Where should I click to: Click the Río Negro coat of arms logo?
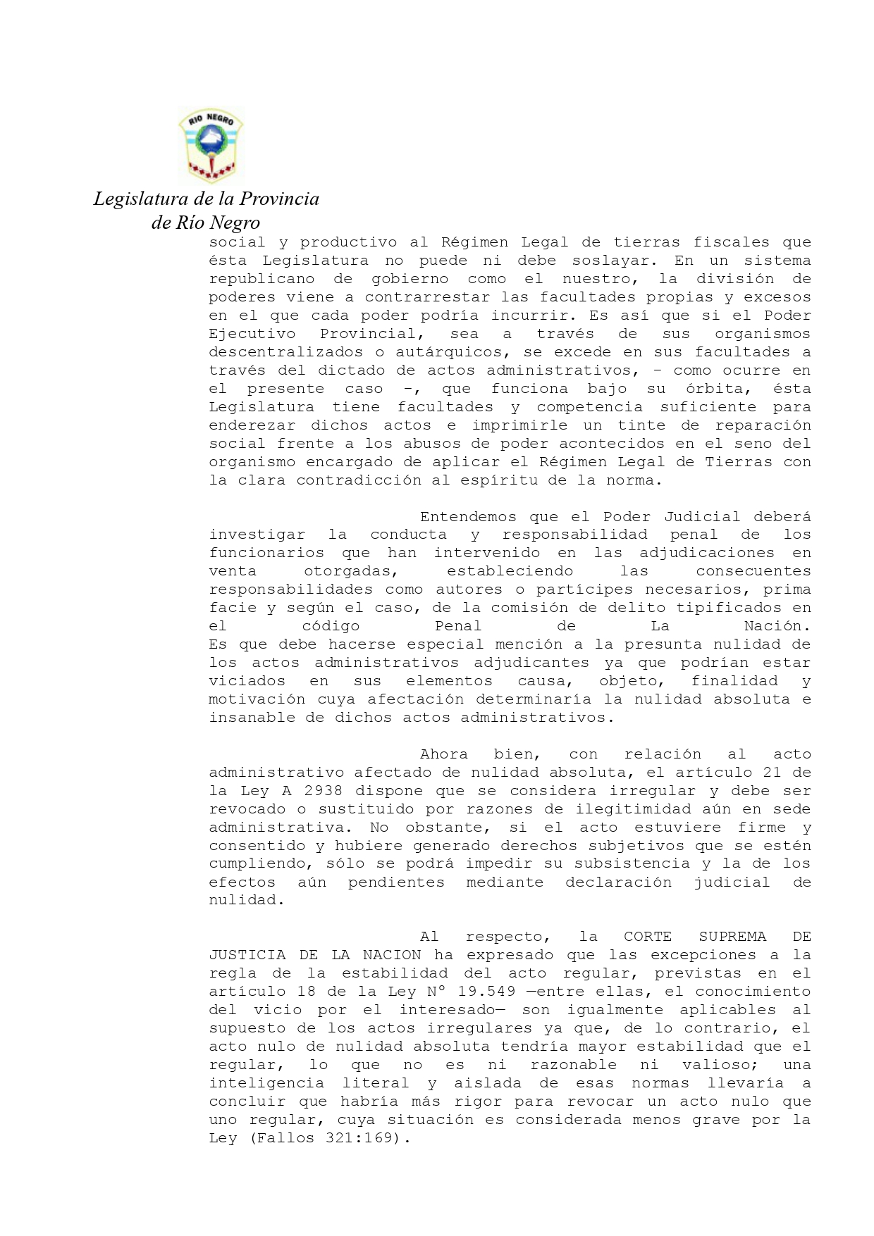(x=210, y=146)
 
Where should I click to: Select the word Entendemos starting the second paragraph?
(x=468, y=517)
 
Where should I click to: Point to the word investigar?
(x=257, y=535)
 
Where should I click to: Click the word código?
(x=331, y=627)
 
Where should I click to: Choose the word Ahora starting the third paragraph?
(x=443, y=755)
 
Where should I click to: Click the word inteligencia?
(x=266, y=1084)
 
